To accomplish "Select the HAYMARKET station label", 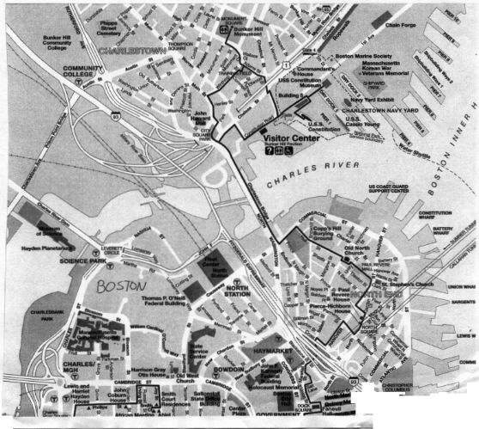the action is (x=267, y=352).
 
